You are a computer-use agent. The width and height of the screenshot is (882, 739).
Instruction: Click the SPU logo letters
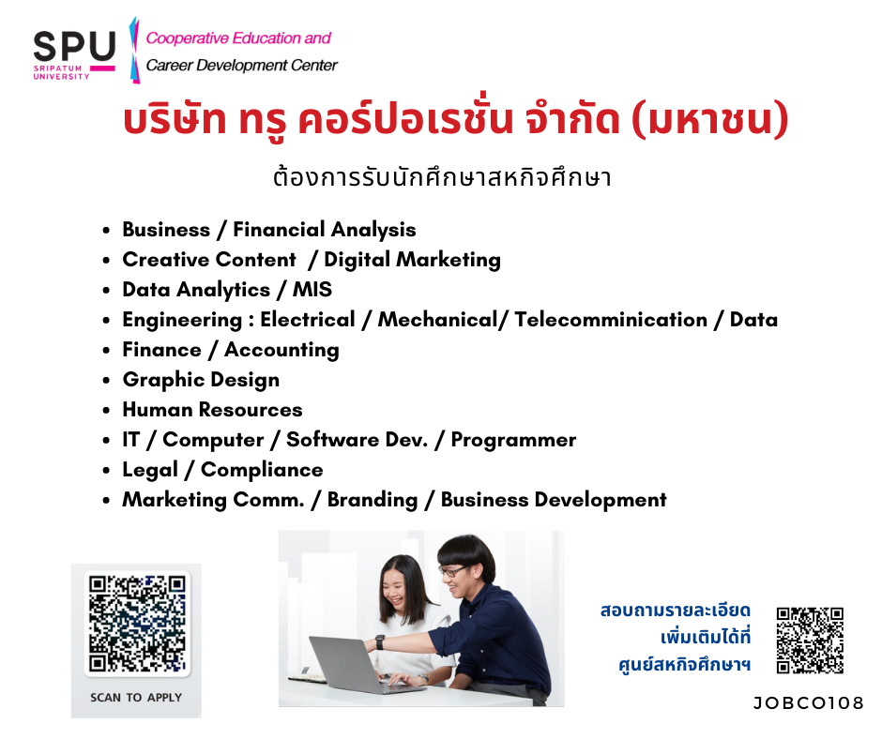(x=74, y=46)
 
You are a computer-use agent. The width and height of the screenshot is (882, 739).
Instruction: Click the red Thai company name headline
(x=456, y=120)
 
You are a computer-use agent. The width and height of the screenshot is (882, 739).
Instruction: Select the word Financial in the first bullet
(x=279, y=230)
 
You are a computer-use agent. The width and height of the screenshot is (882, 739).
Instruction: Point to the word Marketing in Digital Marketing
(x=449, y=261)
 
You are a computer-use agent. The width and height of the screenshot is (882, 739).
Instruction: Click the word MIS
(x=312, y=290)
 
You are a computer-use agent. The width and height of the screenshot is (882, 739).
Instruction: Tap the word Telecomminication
(x=611, y=320)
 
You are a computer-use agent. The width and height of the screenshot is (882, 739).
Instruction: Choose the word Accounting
(x=281, y=351)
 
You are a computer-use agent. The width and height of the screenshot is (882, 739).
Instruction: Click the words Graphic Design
(x=201, y=380)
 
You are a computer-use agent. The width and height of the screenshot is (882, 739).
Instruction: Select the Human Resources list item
(x=213, y=410)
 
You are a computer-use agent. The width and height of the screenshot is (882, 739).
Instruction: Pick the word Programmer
(x=513, y=441)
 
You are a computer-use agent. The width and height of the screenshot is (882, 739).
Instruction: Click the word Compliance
(x=262, y=470)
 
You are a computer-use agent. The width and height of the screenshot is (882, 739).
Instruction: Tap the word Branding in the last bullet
(x=373, y=501)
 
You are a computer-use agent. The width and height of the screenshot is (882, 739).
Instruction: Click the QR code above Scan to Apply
(x=137, y=623)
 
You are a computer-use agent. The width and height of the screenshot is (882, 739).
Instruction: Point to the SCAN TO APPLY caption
(x=136, y=698)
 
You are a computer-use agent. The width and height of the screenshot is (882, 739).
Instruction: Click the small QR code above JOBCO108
(x=810, y=640)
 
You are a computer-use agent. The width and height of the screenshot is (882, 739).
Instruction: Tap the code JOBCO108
(x=808, y=703)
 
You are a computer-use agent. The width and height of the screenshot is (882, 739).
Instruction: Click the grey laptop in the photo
(x=360, y=667)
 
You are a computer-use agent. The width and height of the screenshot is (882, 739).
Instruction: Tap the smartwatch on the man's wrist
(x=380, y=641)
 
